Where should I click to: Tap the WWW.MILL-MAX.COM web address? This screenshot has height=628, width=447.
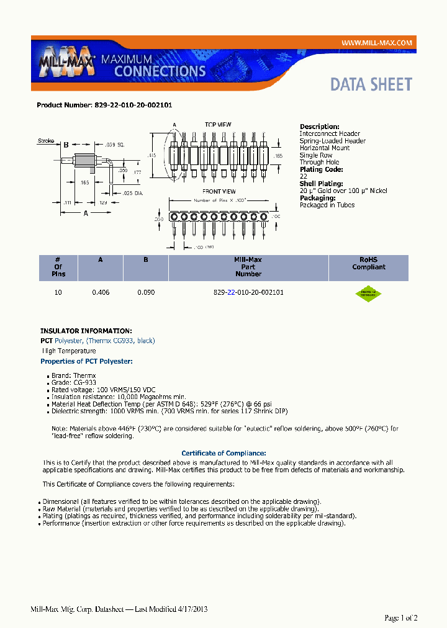point(377,42)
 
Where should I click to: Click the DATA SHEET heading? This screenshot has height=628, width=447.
point(371,84)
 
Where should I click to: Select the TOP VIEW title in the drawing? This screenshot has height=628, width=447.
point(218,125)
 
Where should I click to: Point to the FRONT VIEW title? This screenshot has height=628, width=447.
point(219,191)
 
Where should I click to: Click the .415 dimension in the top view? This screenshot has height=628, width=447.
point(152,155)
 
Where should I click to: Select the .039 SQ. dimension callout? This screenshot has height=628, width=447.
point(115,144)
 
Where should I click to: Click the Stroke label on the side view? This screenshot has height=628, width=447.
point(46,141)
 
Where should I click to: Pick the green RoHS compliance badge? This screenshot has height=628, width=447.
point(368,294)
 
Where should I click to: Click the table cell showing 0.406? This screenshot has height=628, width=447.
point(101,292)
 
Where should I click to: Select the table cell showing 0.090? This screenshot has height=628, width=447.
point(146,292)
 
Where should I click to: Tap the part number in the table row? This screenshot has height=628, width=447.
point(248,292)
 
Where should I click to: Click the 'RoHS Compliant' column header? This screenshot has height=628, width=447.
point(369,264)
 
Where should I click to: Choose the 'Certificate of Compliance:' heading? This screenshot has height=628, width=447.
point(223,453)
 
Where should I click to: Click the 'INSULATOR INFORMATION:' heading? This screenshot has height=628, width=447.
point(86,331)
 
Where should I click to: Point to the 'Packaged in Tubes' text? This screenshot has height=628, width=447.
point(327,205)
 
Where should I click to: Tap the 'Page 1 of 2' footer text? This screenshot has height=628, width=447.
point(401,617)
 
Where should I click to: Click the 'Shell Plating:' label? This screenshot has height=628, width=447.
point(322,184)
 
